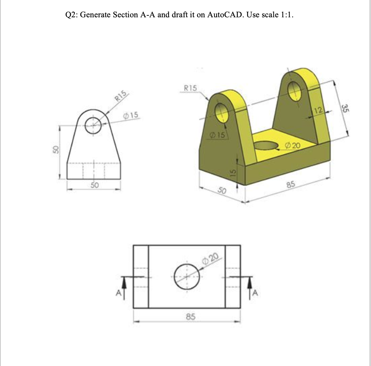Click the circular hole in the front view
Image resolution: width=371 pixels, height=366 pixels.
pos(93,125)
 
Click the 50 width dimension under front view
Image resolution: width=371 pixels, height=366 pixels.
pos(95,185)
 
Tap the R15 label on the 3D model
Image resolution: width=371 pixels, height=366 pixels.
pos(190,89)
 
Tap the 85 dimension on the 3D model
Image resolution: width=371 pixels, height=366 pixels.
pos(290,185)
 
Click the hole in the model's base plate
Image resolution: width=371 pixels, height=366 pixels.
pos(266,145)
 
